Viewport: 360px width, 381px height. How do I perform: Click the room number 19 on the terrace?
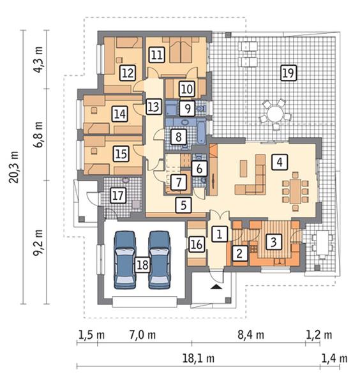pos(289,73)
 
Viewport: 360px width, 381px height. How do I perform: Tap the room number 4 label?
pos(280,162)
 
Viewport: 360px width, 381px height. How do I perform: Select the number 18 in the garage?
pos(142,265)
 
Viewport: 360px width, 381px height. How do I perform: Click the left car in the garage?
pos(125,260)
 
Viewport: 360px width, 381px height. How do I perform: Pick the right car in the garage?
pos(160,260)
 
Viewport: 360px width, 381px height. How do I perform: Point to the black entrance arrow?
pos(216,287)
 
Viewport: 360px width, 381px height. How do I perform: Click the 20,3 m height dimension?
pos(13,167)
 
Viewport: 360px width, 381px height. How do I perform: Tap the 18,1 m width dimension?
pos(199,359)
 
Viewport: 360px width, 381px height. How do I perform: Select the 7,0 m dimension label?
pos(142,335)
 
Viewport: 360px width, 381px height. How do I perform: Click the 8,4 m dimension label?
pos(251,335)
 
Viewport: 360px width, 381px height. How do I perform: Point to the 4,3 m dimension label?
pos(38,60)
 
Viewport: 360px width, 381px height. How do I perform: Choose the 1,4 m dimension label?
pos(334,359)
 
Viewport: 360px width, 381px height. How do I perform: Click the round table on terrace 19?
pos(275,114)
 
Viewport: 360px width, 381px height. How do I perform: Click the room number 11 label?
pos(156,54)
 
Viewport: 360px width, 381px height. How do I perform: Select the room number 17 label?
pos(118,195)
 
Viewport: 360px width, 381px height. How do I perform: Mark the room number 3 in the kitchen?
pos(273,242)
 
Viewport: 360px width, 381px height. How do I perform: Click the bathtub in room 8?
pos(201,131)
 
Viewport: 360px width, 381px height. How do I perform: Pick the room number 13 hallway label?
pos(154,107)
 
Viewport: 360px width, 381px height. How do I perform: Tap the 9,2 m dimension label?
pos(38,243)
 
